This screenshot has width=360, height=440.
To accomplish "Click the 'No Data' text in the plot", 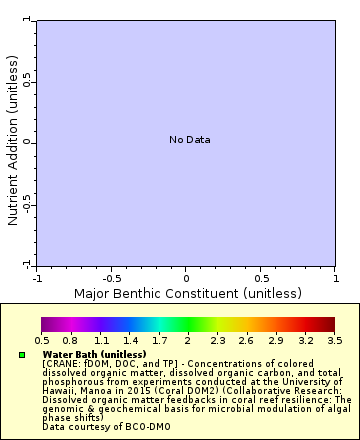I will click(189, 140).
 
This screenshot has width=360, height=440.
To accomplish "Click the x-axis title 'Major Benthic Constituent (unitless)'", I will click(187, 293).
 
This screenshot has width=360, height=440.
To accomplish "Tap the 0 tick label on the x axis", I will click(186, 278).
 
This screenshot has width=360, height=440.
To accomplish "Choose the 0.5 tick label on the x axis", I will click(260, 278).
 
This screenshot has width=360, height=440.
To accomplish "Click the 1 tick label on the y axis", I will click(27, 20).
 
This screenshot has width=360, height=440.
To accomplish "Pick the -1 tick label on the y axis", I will click(27, 263).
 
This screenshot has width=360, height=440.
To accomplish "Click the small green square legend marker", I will click(21, 355).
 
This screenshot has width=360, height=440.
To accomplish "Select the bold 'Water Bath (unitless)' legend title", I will click(94, 354).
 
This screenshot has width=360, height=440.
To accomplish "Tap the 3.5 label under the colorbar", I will click(334, 341).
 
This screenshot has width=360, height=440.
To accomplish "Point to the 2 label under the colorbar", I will click(187, 341).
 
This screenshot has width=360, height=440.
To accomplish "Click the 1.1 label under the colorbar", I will click(100, 341).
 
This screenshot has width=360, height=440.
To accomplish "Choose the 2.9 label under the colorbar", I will click(275, 341).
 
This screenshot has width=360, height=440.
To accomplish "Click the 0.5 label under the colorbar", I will click(42, 341).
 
